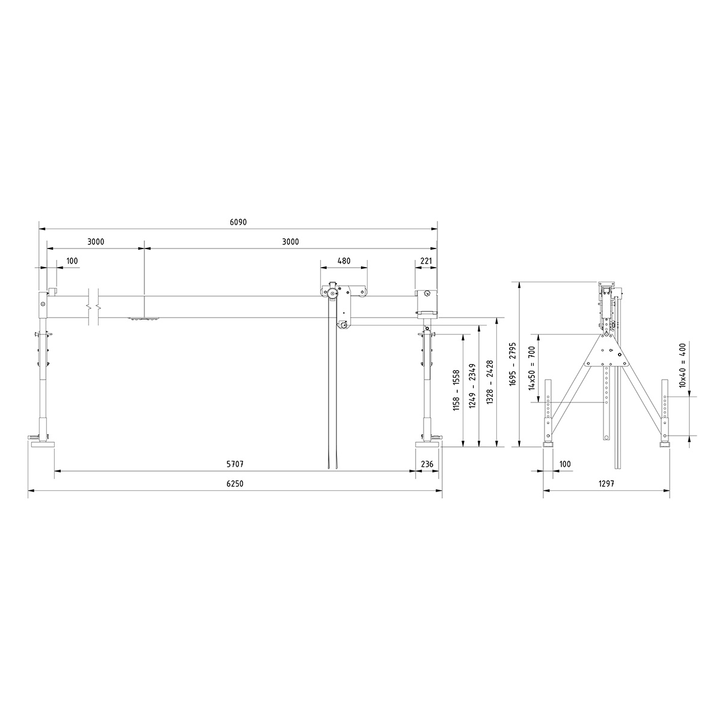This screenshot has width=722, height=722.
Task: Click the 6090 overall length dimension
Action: [238, 222]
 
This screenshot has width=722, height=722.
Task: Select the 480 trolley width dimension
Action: [344, 261]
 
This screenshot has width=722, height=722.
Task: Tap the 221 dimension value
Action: [425, 261]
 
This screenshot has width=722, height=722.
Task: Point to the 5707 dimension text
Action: [235, 464]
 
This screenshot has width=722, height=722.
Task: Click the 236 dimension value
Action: [428, 464]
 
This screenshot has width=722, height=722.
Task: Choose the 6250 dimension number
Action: [235, 484]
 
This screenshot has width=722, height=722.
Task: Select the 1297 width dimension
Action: [606, 484]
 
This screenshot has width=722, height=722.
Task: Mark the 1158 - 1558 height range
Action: [456, 390]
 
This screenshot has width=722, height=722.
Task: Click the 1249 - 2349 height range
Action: [472, 384]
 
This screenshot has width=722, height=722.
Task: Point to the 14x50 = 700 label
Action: [531, 368]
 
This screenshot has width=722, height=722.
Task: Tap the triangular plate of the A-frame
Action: [606, 352]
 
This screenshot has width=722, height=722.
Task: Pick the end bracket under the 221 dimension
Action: [426, 303]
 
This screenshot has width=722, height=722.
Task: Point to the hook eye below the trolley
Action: [344, 326]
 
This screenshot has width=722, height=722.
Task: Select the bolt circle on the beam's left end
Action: [44, 304]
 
